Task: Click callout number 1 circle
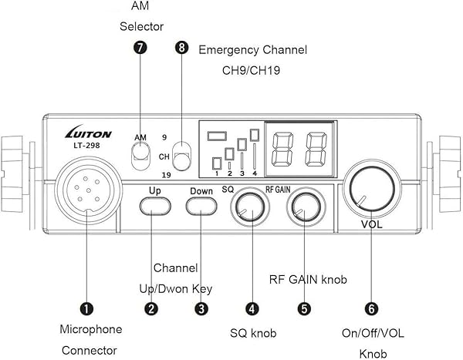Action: [x=87, y=308]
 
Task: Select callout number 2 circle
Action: [x=152, y=308]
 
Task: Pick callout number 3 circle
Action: [x=201, y=308]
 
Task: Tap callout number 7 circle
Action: [x=140, y=47]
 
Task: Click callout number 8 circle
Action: [x=182, y=47]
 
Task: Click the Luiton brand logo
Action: [x=87, y=133]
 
